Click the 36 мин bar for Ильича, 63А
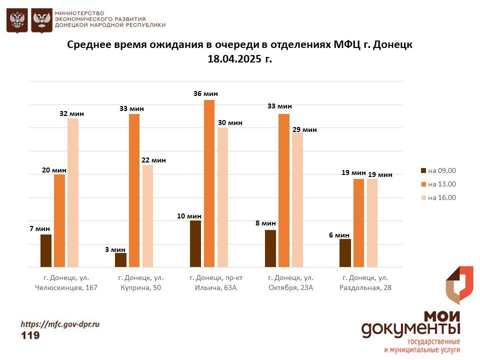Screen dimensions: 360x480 pyautogui.click(x=209, y=183)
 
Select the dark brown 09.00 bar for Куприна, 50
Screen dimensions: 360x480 pyautogui.click(x=120, y=260)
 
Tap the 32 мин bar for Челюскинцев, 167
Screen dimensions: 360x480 pyautogui.click(x=73, y=192)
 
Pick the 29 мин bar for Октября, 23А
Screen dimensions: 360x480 pyautogui.click(x=297, y=199)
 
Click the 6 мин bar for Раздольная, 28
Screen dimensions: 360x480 pyautogui.click(x=345, y=253)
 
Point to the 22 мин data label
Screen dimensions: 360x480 pyautogui.click(x=153, y=160)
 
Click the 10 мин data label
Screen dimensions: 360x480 pyautogui.click(x=189, y=216)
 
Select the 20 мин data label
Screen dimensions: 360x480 pyautogui.click(x=54, y=170)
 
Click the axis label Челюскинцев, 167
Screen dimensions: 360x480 pyautogui.click(x=66, y=287)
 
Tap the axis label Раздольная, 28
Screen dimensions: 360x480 pyautogui.click(x=365, y=287)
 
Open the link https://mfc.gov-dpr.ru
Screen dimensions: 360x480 pyautogui.click(x=60, y=324)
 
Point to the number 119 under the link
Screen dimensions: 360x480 pyautogui.click(x=30, y=335)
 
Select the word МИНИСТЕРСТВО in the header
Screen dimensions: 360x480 pyautogui.click(x=79, y=12)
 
